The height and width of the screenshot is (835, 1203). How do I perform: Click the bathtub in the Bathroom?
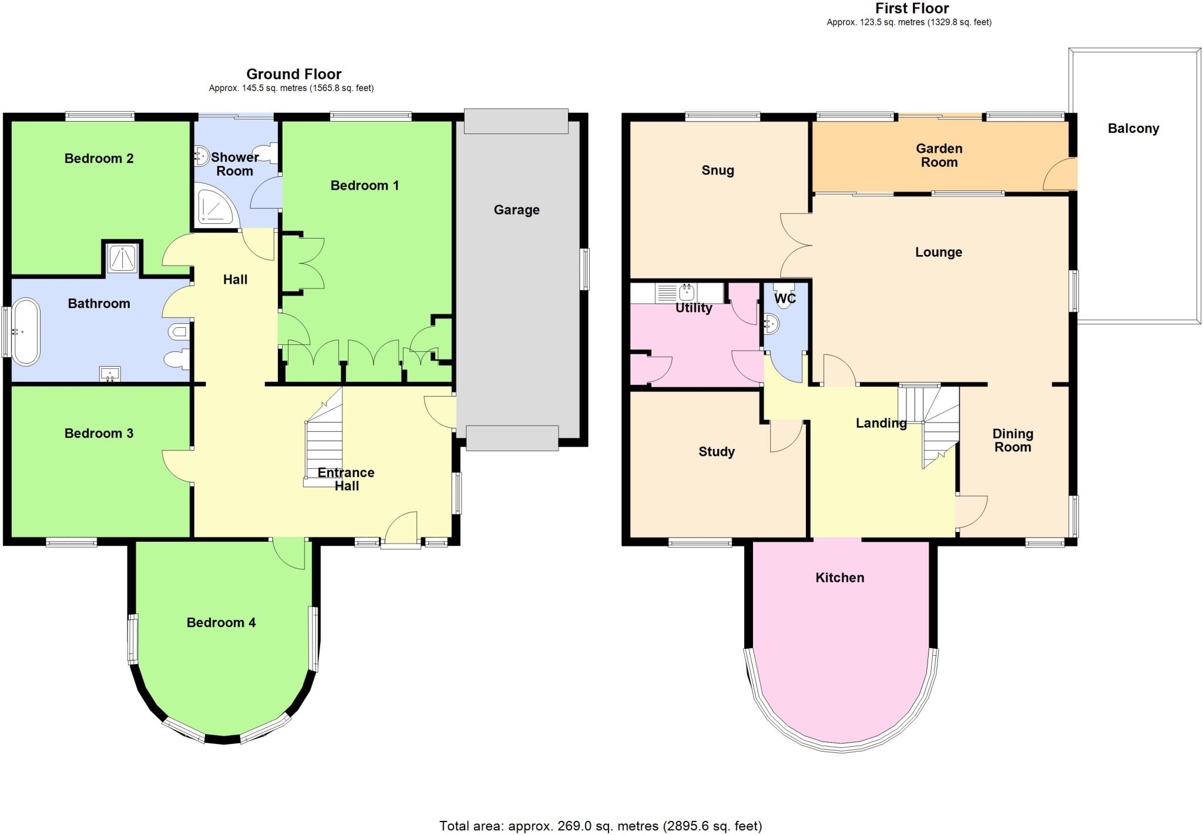coord(27,332)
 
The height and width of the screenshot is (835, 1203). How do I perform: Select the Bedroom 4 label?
coord(221,622)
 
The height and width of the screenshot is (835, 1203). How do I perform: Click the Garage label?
coord(516,210)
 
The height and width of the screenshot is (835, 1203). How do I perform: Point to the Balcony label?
coord(1133,129)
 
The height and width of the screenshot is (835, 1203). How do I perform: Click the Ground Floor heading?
coord(294,74)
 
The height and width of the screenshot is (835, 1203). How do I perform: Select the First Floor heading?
coord(912,8)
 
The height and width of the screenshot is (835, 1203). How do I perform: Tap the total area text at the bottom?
coord(600,826)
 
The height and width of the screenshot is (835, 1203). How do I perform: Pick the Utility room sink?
coord(686,292)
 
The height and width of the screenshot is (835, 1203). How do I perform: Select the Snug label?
coord(717,170)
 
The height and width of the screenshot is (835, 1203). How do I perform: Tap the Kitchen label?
coord(839,578)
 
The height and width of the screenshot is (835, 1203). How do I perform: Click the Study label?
coord(716,451)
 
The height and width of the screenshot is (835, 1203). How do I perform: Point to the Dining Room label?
coord(1012,440)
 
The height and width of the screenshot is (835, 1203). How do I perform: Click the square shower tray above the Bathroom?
coord(122,257)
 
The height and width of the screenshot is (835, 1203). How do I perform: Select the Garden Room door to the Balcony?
coord(1061,175)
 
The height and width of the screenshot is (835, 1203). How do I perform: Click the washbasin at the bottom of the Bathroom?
coord(110,374)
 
